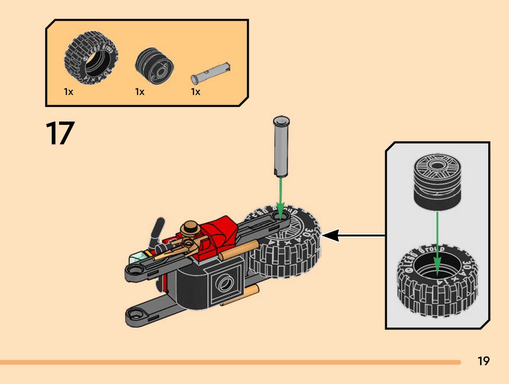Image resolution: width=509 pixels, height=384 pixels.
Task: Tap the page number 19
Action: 483,361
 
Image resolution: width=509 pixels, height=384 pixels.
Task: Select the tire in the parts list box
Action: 91,58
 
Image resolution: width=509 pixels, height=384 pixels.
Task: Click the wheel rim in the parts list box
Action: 154,66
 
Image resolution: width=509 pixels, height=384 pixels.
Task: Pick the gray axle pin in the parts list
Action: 210,73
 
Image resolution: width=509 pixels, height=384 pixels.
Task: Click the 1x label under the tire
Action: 68,92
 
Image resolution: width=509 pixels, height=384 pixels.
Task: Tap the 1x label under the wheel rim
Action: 140,92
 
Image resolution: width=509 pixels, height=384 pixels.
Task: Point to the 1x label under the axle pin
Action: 195,92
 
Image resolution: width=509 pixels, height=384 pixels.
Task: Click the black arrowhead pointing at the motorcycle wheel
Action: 330,236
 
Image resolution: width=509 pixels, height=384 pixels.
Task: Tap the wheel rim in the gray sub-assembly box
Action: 437,182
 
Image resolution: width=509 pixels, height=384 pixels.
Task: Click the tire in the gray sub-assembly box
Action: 437,284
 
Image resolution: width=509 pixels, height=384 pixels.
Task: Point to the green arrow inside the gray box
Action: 437,242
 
